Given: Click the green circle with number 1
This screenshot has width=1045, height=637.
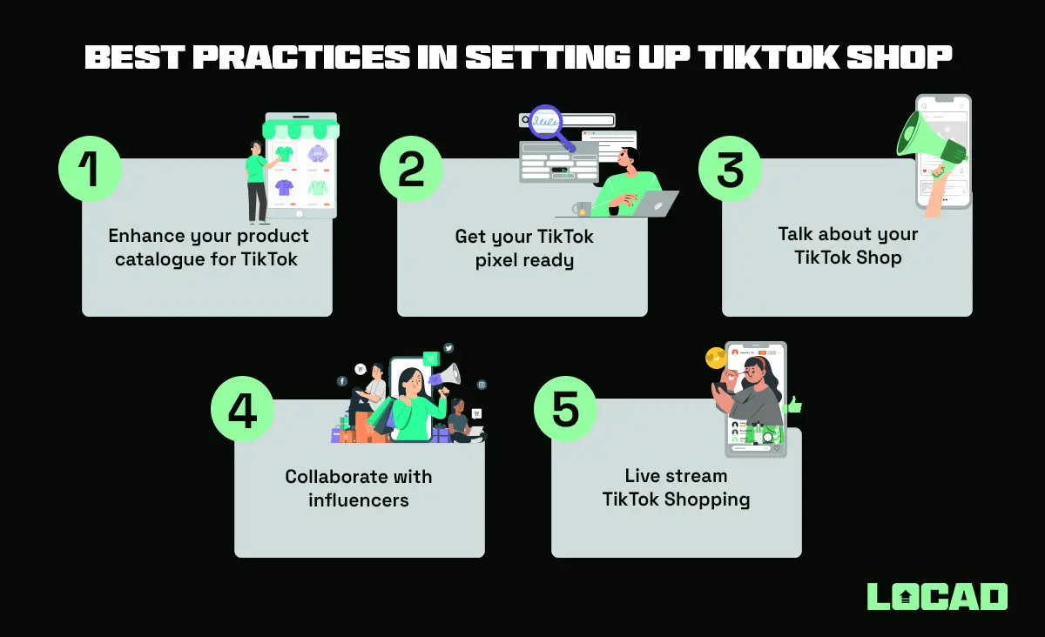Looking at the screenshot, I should (x=90, y=168).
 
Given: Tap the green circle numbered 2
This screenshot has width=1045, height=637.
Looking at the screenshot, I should (x=411, y=168).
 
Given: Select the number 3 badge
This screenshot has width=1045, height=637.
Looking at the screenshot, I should (x=730, y=168).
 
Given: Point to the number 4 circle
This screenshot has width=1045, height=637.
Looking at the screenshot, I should (x=242, y=408).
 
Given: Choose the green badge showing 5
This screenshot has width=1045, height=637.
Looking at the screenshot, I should (x=564, y=408).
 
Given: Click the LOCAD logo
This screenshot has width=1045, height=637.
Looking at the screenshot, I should (x=937, y=596).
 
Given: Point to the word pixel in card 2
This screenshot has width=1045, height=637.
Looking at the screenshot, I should (x=496, y=259).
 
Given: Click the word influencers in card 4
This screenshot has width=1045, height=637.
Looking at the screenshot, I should (x=359, y=500).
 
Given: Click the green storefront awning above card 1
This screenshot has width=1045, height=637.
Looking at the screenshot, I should (x=300, y=129).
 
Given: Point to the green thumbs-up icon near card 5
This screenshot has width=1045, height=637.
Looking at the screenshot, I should (x=792, y=405).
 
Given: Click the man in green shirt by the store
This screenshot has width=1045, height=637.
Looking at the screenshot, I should (x=257, y=181).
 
